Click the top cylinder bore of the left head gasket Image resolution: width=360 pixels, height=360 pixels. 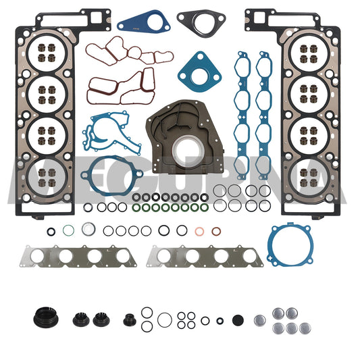click(47, 53)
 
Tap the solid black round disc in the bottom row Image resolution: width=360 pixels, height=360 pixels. click(237, 319)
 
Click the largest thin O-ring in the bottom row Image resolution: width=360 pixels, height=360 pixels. click(163, 319)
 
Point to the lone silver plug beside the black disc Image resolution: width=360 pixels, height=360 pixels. click(259, 319)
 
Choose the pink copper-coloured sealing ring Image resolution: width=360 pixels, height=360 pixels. click(199, 232)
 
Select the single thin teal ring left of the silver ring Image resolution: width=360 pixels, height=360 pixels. click(68, 231)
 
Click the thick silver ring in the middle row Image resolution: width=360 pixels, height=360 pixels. click(87, 229)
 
